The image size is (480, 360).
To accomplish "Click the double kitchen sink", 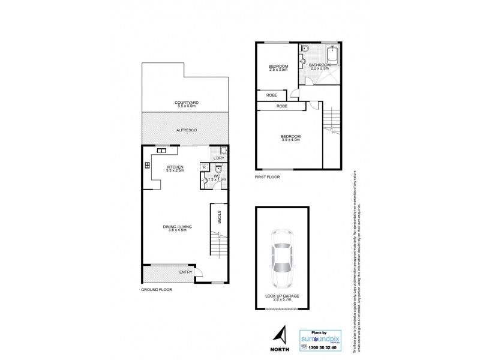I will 162,151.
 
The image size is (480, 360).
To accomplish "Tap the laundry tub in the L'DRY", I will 223,151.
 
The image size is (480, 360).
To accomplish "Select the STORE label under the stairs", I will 220,218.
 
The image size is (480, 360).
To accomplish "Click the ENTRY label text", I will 185,272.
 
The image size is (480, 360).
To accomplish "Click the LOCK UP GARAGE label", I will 281,296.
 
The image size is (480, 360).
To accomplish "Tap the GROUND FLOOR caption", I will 157,289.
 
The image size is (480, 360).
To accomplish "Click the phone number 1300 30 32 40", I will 320,346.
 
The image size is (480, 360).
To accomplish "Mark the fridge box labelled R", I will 205,167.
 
